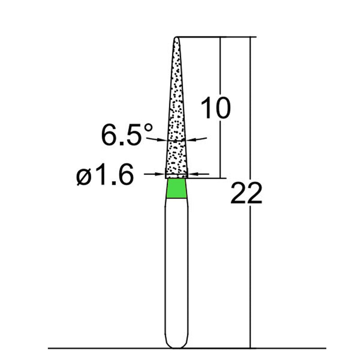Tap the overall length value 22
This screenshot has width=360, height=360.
246,194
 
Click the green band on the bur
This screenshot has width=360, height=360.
176,189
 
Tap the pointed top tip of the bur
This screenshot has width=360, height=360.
176,37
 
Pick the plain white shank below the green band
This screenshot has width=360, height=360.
176,270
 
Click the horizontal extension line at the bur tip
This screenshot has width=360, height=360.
216,37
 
